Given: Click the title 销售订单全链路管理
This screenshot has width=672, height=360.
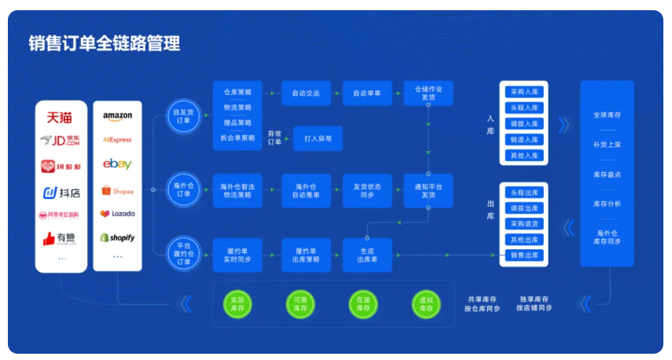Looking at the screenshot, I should (105, 43).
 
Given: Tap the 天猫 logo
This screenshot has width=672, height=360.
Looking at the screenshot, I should (60, 117).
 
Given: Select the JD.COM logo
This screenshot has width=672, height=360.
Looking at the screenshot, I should (60, 141).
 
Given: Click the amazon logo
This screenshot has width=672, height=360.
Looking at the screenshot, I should (117, 116).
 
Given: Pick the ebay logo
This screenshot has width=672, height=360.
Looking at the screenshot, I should (117, 164).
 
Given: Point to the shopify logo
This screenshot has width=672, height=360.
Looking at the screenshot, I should (117, 237).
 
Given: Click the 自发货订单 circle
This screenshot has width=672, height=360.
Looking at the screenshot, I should (182, 117).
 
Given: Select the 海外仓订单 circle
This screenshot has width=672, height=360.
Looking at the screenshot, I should (182, 190).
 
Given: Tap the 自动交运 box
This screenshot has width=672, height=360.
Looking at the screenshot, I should (305, 94).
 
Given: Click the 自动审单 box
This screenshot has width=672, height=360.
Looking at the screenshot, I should (366, 94).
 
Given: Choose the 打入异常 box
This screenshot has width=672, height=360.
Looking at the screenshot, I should (318, 139).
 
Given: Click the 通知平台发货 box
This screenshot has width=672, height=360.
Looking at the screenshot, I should (428, 190).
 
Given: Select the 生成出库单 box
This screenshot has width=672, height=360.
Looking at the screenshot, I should (366, 254).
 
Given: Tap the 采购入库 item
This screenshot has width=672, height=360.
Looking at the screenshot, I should (524, 92).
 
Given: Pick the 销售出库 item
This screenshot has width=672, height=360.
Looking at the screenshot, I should (524, 255).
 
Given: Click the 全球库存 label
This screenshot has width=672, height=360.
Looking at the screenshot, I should (607, 115).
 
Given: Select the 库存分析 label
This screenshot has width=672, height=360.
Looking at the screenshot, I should (607, 204).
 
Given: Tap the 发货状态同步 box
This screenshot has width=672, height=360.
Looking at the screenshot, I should (366, 190).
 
